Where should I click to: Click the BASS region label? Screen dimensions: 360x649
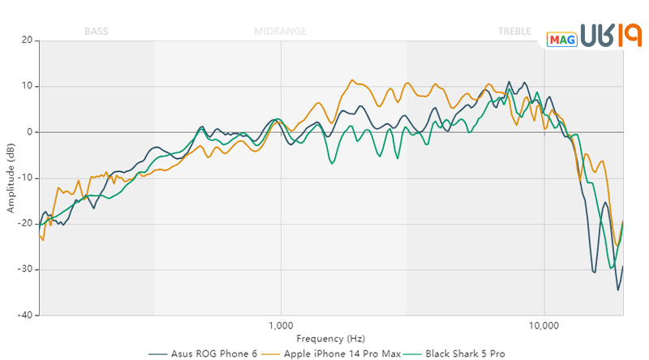click(x=96, y=32)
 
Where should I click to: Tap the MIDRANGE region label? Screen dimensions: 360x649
click(x=280, y=32)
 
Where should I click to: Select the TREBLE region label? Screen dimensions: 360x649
click(x=514, y=32)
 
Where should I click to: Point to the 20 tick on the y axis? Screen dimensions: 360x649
click(x=27, y=41)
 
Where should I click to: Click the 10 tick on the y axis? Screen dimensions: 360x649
click(x=27, y=86)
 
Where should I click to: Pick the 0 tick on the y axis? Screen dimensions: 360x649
click(x=29, y=132)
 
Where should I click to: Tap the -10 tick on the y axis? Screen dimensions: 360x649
click(x=25, y=178)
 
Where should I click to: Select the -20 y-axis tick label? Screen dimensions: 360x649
click(x=25, y=224)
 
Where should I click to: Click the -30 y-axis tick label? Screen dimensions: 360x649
click(x=25, y=269)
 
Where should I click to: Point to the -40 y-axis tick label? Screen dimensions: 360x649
click(x=25, y=315)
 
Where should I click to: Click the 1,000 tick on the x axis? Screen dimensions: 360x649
click(x=281, y=326)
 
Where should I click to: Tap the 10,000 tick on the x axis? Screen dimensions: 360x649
click(x=544, y=326)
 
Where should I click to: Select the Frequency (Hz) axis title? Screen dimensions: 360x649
click(x=331, y=338)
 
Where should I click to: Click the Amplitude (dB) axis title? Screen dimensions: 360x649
click(x=11, y=178)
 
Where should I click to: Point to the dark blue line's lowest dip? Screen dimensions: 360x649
click(x=617, y=289)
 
